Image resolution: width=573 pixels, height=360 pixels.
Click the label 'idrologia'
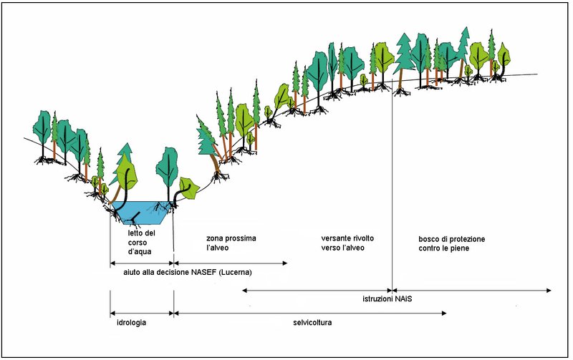click(x=132, y=323)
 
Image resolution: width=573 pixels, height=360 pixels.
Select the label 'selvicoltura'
click(x=312, y=323)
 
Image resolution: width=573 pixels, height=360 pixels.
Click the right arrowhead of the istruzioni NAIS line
click(x=549, y=290)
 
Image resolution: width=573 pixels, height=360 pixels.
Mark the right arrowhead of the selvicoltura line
click(x=444, y=313)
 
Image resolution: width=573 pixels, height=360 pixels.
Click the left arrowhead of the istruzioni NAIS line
click(x=245, y=290)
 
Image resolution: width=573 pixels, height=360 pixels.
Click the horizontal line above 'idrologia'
click(x=142, y=313)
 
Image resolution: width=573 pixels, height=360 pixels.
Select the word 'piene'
click(x=475, y=248)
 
